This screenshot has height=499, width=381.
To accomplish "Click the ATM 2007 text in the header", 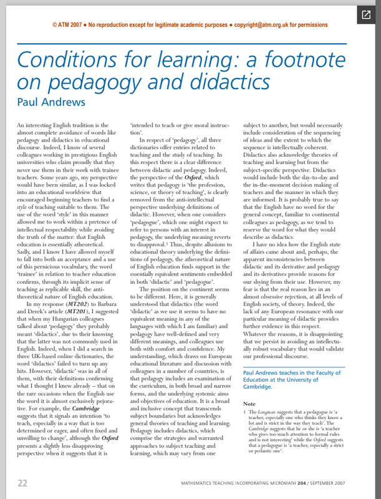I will [x=66, y=25].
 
